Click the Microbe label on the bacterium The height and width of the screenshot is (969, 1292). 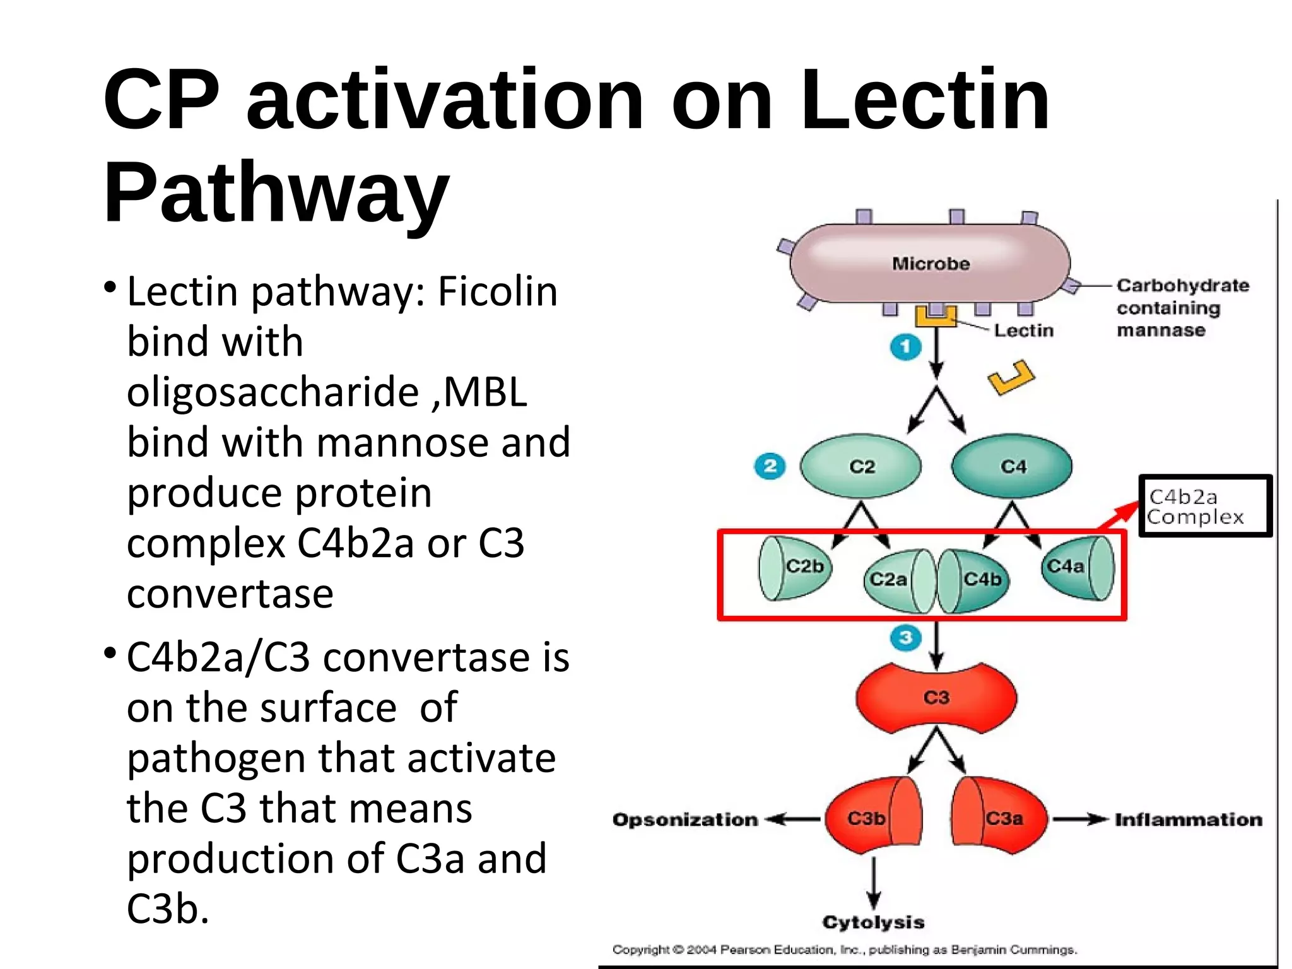click(x=931, y=264)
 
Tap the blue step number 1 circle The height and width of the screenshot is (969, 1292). click(x=905, y=346)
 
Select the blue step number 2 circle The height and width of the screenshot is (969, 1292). click(x=770, y=467)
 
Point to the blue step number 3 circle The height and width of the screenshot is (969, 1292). click(x=906, y=637)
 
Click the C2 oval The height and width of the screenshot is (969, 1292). click(x=861, y=467)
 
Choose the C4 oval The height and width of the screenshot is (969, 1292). click(x=1013, y=467)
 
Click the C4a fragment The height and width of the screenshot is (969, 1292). click(x=1077, y=568)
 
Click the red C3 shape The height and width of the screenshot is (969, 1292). click(x=936, y=698)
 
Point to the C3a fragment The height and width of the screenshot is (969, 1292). click(x=999, y=819)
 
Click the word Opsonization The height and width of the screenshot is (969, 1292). click(x=685, y=819)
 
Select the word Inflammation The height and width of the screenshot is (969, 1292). click(x=1189, y=819)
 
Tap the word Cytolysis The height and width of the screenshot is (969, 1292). click(x=873, y=922)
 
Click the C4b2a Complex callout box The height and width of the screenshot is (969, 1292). click(x=1205, y=506)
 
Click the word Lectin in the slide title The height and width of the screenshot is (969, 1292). click(x=925, y=101)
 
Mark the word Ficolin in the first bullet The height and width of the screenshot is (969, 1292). click(x=498, y=292)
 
